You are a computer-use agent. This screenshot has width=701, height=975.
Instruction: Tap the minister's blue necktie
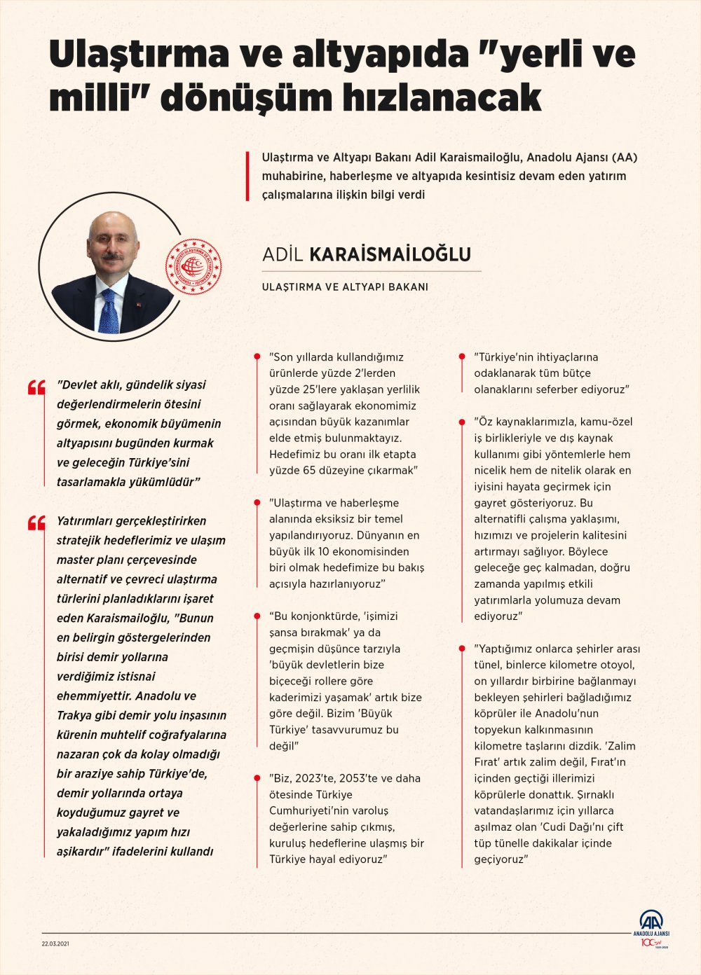(x=109, y=312)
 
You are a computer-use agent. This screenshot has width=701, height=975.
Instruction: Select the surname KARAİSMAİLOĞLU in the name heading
(x=390, y=254)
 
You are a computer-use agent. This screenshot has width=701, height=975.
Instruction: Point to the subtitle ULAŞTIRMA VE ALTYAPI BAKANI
(x=345, y=287)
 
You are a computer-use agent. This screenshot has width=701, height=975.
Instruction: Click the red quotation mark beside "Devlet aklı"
(x=36, y=387)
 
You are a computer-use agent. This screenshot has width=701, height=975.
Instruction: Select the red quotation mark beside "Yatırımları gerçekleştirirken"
(x=36, y=523)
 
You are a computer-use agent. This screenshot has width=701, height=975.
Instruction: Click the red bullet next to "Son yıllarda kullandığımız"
(x=258, y=357)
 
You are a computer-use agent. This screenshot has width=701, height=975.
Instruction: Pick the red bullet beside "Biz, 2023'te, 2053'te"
(x=258, y=778)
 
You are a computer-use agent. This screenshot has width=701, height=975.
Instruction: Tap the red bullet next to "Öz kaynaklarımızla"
(x=462, y=422)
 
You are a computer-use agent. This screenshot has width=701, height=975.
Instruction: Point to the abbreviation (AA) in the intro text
(x=624, y=157)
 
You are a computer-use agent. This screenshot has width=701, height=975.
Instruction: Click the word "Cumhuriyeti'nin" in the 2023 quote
(x=308, y=810)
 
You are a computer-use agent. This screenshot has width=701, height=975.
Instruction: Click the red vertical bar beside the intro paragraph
(x=248, y=176)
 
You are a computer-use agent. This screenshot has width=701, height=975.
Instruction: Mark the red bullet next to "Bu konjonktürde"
(x=258, y=616)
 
